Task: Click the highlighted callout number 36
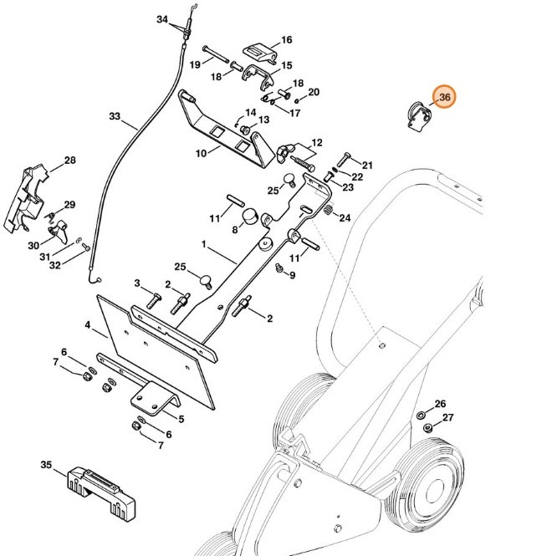pos(444,98)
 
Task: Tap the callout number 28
pos(69,161)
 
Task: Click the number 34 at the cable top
pos(162,19)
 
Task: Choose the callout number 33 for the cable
pos(115,116)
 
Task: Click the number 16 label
pos(286,39)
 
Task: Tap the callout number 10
pos(201,154)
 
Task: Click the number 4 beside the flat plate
pos(87,324)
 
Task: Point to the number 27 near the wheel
pos(447,417)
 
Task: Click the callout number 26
pos(440,403)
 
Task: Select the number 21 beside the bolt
pos(366,164)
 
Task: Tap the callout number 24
pos(345,218)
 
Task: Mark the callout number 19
pos(194,64)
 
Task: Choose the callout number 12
pos(316,143)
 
